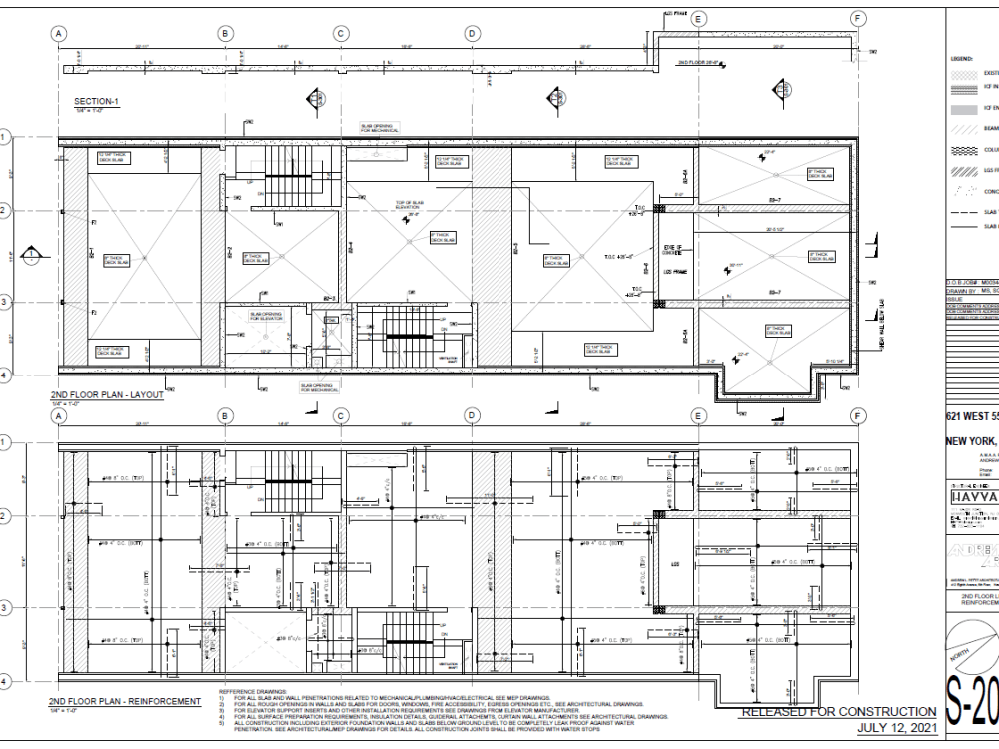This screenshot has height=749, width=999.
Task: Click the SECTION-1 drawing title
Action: point(96,102)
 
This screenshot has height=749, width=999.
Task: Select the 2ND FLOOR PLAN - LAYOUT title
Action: point(104,394)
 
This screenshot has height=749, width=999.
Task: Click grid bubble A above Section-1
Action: point(59,33)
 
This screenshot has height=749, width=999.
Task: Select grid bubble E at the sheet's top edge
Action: point(697,19)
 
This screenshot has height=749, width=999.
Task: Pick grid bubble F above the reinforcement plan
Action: point(856,415)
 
